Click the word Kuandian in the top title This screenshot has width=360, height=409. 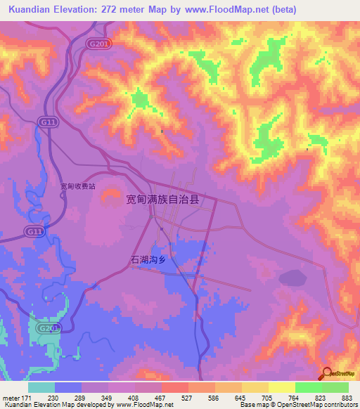tap(30, 10)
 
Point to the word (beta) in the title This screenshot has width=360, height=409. tap(281, 10)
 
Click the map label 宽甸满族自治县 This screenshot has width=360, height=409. tap(162, 200)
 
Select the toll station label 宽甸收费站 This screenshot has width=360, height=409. tap(77, 186)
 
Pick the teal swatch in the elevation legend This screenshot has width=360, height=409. tap(41, 387)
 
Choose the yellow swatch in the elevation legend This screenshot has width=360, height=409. tap(282, 387)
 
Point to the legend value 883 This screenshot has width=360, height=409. tap(347, 398)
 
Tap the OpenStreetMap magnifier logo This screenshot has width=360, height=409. tap(328, 373)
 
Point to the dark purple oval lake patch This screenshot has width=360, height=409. tap(293, 279)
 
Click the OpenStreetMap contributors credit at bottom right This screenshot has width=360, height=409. tap(313, 405)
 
